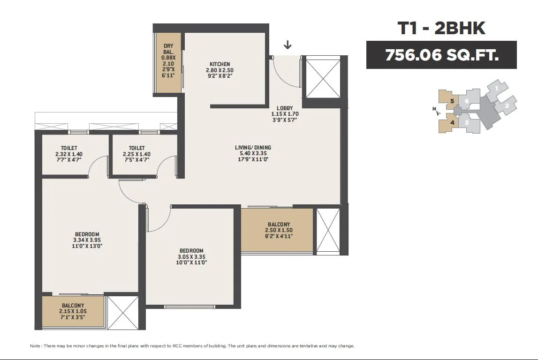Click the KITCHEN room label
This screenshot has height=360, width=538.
coord(220,64)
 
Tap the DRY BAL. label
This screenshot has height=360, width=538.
coord(168,49)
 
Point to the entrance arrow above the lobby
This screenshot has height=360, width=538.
coord(288,45)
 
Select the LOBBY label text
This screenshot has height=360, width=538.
coord(285,108)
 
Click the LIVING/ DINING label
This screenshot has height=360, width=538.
coord(253,148)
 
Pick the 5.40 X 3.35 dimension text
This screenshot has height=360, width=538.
coord(253,153)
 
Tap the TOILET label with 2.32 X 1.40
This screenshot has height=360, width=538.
coord(69,148)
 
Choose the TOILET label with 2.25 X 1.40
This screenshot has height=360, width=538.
coord(136,148)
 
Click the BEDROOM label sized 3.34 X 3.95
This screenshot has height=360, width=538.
coord(87,234)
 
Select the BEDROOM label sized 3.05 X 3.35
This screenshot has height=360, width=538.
coord(191,251)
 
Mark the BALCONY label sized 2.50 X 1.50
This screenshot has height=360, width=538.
coord(279,225)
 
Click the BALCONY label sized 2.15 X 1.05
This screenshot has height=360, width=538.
coord(73,306)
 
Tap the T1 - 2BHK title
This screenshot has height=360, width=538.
coord(441,28)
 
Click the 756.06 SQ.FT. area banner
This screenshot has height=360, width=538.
coord(441,55)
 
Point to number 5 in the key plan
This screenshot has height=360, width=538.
coord(452,101)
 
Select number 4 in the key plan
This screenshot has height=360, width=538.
coord(452,122)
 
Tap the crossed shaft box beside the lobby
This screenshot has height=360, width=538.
coord(323,78)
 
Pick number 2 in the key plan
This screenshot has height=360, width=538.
coord(507,106)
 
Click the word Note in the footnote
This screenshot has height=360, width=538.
coord(36,346)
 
